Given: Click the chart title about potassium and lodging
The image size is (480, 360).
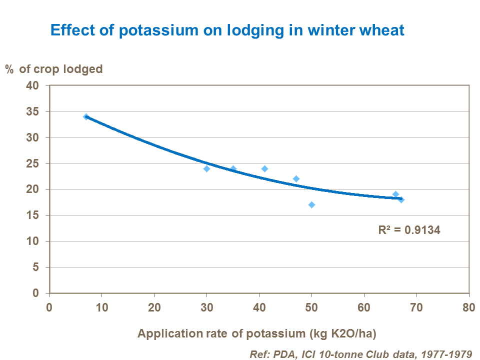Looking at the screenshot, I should pos(227,30).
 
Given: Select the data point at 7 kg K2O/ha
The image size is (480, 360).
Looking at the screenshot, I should pos(86,117).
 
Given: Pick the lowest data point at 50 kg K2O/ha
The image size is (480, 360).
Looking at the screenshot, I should pos(311,204).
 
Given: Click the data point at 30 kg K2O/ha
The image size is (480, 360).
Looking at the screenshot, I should pos(206,168).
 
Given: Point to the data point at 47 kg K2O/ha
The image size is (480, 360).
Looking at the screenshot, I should pos(296,179).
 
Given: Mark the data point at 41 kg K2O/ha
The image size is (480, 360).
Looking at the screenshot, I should pos(264,168).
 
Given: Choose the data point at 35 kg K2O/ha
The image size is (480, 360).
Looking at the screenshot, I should pos(233,168).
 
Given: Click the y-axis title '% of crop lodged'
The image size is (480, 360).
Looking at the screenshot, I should pos(54,69).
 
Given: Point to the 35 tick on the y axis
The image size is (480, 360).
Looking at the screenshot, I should pos(32,111).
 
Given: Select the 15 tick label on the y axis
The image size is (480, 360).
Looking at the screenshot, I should pos(32,215).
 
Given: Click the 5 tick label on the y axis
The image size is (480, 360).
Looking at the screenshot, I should pos(35,267).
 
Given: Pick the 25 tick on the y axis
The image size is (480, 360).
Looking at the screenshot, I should pos(32,163).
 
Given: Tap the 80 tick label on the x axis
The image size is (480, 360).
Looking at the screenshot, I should pos(468,306).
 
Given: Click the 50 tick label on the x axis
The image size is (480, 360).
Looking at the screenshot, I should pos(311,306).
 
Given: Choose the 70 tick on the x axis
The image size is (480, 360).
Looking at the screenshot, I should pos(416,306).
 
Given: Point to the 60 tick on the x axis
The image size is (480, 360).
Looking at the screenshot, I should pos(363,306).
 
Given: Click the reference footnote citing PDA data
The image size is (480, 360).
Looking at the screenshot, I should pos(360,354).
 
